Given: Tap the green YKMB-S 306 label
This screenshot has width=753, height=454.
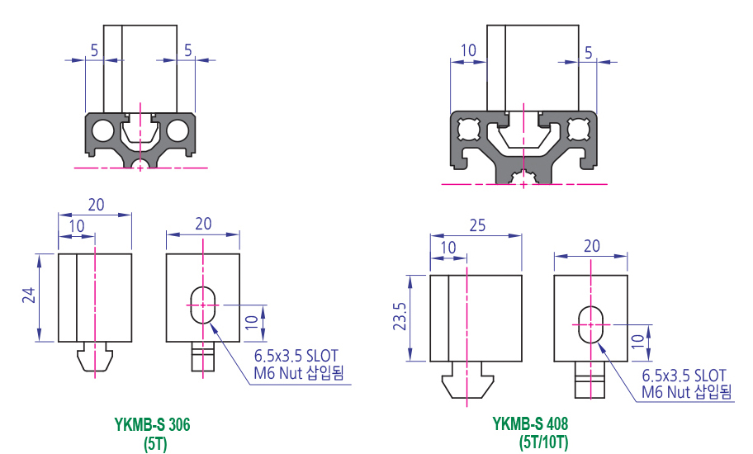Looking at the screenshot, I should point(152,426).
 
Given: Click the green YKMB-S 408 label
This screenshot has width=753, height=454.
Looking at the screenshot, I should point(530,425).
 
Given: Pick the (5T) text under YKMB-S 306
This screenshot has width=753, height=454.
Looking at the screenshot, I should point(155,442).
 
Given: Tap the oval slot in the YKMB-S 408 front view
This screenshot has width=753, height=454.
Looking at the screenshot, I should point(590,324).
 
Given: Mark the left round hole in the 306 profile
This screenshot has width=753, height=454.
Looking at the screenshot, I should point(102,130).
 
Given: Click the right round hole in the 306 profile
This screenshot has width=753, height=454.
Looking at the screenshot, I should point(178,130).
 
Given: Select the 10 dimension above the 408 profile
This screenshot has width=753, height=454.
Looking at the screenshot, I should point(467,50).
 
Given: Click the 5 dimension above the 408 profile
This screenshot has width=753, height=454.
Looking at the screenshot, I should point(587,51).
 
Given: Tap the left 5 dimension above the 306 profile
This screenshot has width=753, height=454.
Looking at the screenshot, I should point(94,50).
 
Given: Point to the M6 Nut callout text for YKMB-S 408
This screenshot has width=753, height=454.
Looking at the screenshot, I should point(686,392).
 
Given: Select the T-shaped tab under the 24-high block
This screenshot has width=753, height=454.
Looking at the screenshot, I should point(95,357).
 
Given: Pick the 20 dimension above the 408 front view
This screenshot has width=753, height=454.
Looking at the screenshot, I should point(591,245).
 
